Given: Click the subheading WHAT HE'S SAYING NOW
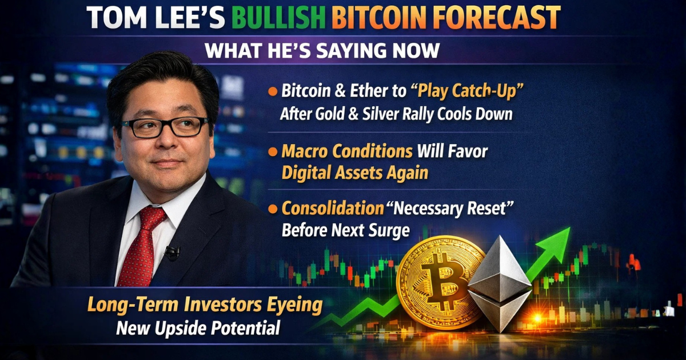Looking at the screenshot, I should pyautogui.click(x=322, y=50).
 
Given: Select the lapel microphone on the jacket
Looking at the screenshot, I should pyautogui.click(x=172, y=251).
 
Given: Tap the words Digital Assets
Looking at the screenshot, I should pyautogui.click(x=354, y=173).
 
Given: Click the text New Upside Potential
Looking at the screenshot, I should pyautogui.click(x=198, y=328).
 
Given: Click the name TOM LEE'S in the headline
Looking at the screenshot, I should pyautogui.click(x=154, y=19).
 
